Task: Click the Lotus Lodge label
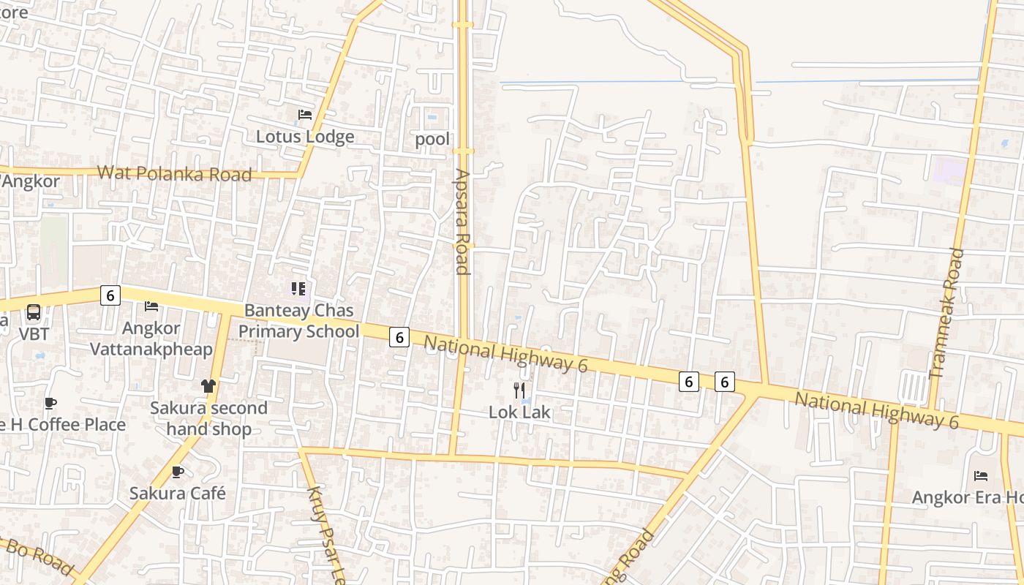pyautogui.click(x=305, y=137)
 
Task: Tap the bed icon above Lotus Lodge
pyautogui.click(x=305, y=115)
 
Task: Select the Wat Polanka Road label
pyautogui.click(x=174, y=173)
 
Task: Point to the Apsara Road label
pyautogui.click(x=462, y=222)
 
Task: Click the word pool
pyautogui.click(x=432, y=139)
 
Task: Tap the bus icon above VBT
pyautogui.click(x=34, y=313)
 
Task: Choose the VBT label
pyautogui.click(x=34, y=334)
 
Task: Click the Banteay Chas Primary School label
pyautogui.click(x=298, y=321)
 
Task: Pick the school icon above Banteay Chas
pyautogui.click(x=298, y=289)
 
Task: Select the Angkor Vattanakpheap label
pyautogui.click(x=151, y=339)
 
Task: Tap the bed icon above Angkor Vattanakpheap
pyautogui.click(x=151, y=306)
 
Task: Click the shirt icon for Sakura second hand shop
pyautogui.click(x=208, y=386)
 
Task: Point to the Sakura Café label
pyautogui.click(x=178, y=494)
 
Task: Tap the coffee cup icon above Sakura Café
pyautogui.click(x=177, y=472)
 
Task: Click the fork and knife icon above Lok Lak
pyautogui.click(x=519, y=390)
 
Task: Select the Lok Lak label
pyautogui.click(x=519, y=412)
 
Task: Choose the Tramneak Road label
pyautogui.click(x=946, y=314)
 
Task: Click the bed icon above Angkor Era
pyautogui.click(x=981, y=476)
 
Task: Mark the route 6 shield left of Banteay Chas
pyautogui.click(x=110, y=295)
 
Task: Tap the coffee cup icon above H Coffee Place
pyautogui.click(x=50, y=403)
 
